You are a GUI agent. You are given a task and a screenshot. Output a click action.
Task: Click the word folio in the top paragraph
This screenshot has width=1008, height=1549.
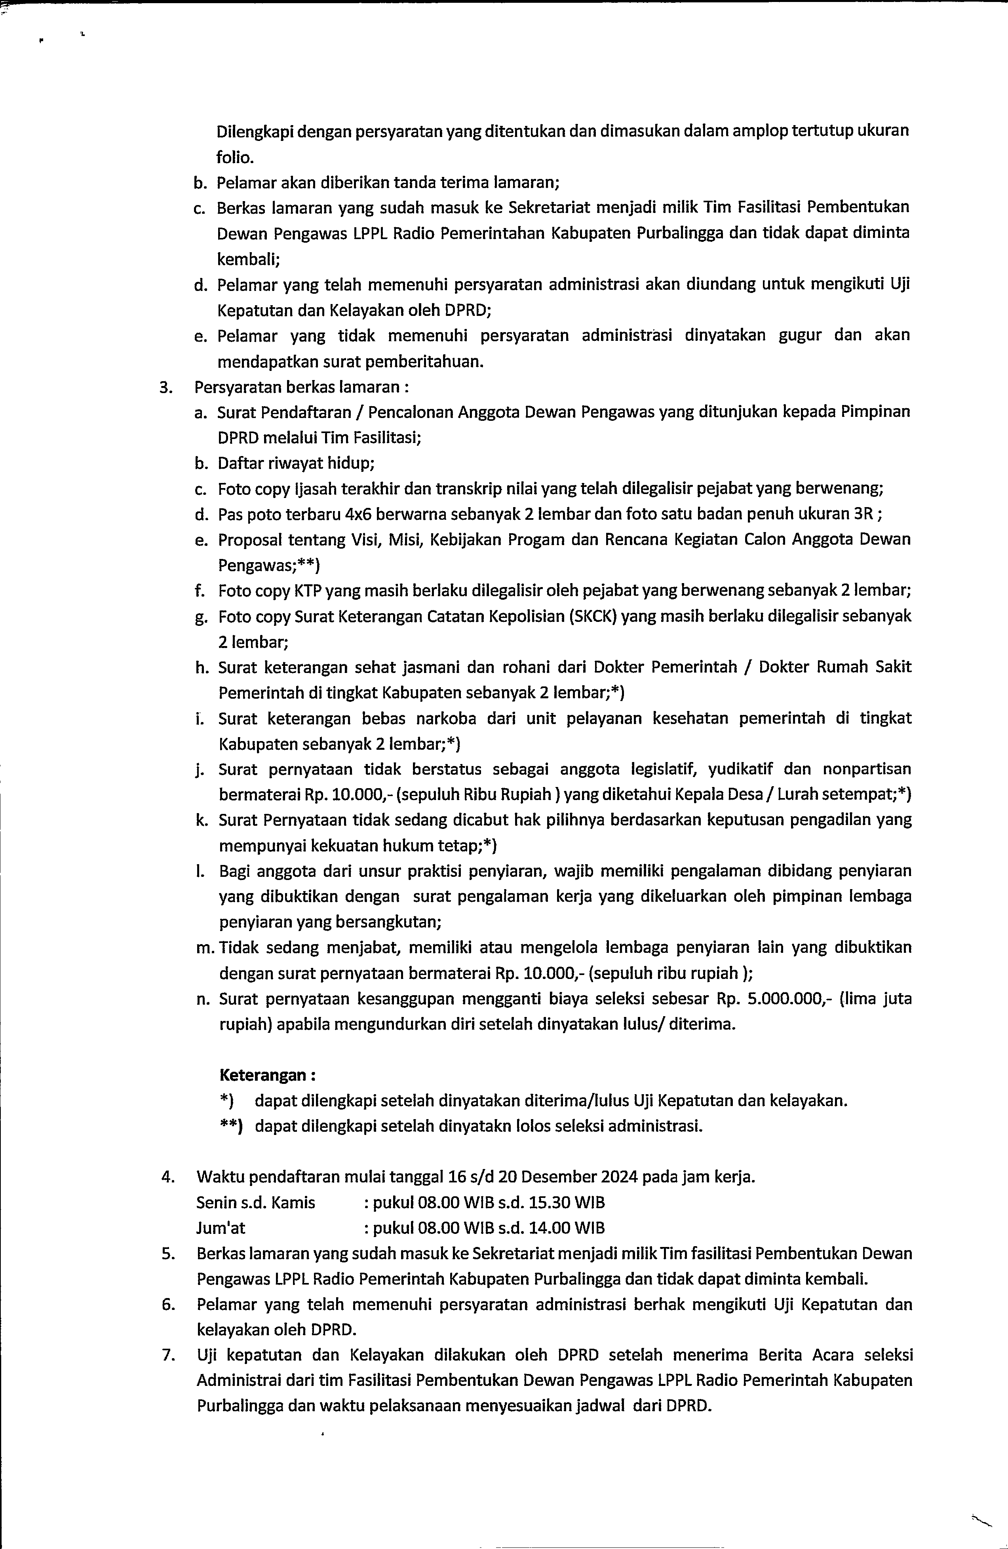(235, 157)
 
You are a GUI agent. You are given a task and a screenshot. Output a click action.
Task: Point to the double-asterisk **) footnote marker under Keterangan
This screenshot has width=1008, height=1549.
(231, 1126)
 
